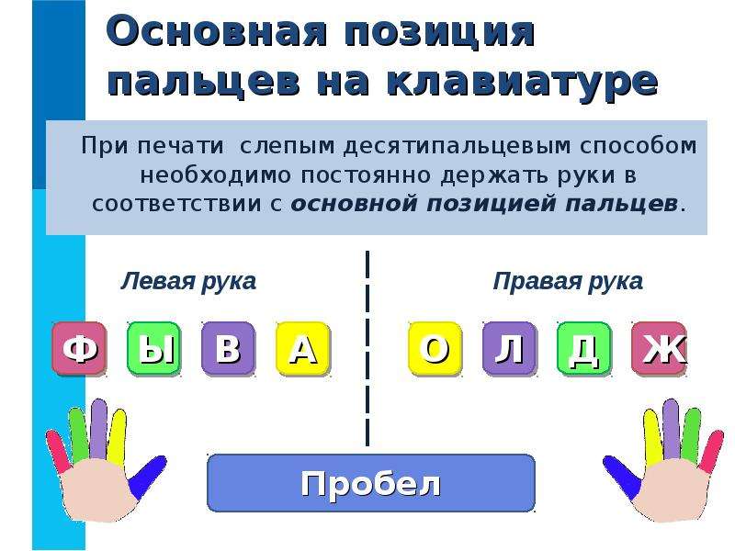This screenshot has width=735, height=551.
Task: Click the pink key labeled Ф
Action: tap(79, 349)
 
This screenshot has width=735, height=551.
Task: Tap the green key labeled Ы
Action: tap(153, 349)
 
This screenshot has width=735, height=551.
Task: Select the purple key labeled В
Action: tap(228, 349)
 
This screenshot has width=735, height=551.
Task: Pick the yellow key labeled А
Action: tap(303, 349)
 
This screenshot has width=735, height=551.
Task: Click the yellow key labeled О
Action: tap(435, 349)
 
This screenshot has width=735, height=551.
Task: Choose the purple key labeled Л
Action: tap(510, 349)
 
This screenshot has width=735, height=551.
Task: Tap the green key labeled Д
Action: tap(584, 349)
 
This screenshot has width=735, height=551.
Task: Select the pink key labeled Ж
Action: tap(659, 349)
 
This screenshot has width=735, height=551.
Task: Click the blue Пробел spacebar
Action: tap(371, 483)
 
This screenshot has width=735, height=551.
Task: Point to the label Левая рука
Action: tap(188, 282)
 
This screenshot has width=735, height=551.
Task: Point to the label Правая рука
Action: tap(568, 282)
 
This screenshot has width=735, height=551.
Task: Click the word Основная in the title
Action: tap(217, 31)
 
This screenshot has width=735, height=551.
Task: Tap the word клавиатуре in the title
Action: tap(523, 82)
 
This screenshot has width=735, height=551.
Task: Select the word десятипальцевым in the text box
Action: tap(458, 146)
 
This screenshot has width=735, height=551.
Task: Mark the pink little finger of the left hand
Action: tap(58, 451)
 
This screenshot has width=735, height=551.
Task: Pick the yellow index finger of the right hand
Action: tap(652, 435)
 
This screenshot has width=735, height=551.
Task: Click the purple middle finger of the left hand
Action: tap(98, 429)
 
